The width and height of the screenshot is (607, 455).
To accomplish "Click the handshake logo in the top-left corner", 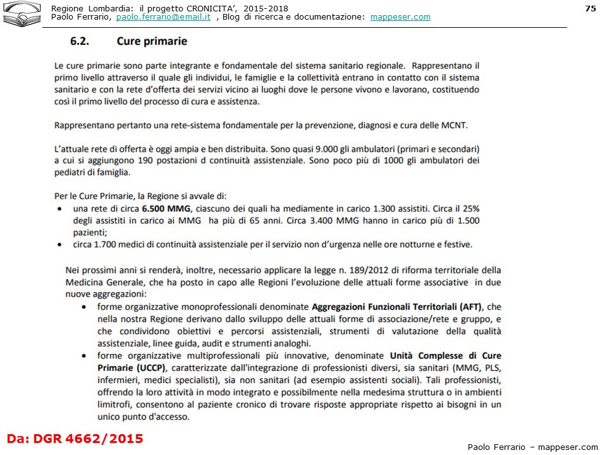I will [21, 14].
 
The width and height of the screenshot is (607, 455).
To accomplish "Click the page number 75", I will [591, 8].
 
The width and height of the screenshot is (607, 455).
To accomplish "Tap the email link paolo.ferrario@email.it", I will [163, 17].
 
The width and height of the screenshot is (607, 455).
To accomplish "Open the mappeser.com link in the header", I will [400, 17].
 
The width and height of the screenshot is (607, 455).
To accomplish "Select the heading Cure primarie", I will [152, 42].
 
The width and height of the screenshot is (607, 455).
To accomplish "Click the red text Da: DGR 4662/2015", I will [75, 438].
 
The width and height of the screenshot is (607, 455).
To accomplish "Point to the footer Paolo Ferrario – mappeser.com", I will [532, 447].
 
